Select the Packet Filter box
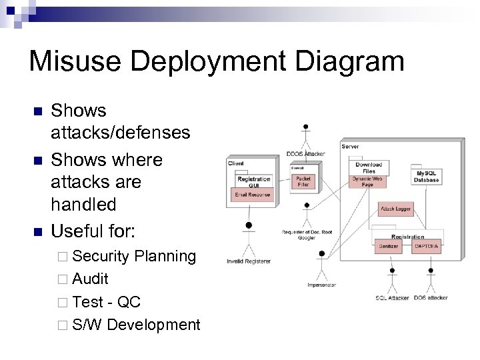[303, 181]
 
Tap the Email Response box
[253, 194]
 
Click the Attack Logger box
[395, 209]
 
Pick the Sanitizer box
[388, 246]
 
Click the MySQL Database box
[426, 177]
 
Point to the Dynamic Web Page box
[368, 181]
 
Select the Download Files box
[368, 167]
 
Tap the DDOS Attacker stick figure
[305, 137]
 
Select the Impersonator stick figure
[322, 265]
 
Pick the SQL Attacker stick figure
[392, 280]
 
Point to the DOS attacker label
[431, 298]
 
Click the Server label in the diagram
[350, 147]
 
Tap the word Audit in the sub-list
[90, 279]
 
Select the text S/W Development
[136, 325]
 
